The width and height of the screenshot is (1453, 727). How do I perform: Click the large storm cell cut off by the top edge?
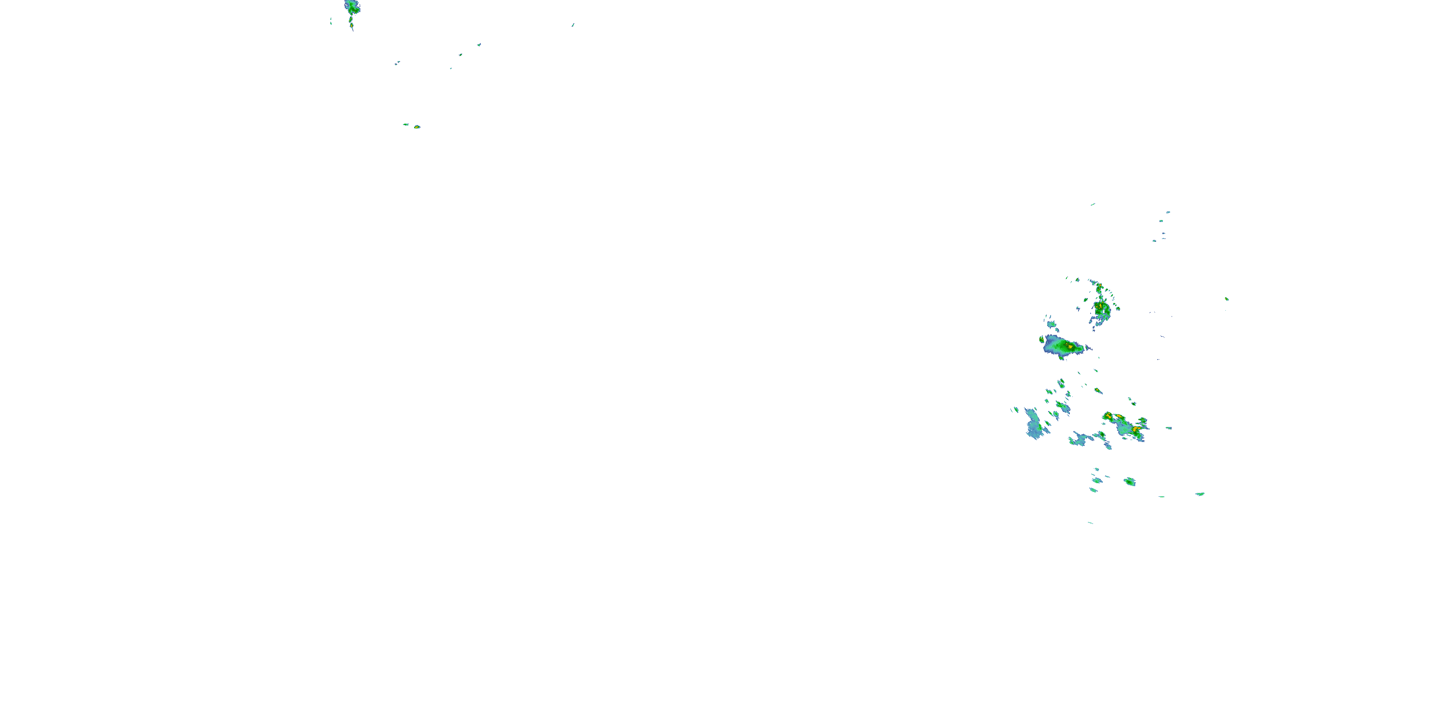coord(353,7)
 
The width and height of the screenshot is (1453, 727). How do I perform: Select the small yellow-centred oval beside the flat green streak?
coord(417,127)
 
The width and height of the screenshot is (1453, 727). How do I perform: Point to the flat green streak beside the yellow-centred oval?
coord(405,124)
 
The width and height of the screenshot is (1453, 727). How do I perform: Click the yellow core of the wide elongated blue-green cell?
coord(1069,346)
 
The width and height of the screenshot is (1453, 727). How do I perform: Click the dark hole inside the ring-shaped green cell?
coord(1102,310)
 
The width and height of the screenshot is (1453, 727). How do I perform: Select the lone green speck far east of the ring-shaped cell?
coord(1226,299)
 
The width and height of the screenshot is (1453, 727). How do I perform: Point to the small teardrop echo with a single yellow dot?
coord(1097,390)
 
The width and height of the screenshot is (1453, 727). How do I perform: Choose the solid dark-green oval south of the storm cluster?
coord(1129,481)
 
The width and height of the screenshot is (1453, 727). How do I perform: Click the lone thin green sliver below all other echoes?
coord(1090,522)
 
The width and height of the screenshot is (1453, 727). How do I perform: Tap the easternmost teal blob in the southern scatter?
coord(1200,494)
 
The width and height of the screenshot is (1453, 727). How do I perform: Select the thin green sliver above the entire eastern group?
coord(1093,205)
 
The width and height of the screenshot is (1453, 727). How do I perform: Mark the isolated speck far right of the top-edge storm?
coord(572,25)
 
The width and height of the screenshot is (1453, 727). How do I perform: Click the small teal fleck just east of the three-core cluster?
coord(1168,428)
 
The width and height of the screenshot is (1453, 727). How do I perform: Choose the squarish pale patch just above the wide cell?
coord(1051,325)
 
